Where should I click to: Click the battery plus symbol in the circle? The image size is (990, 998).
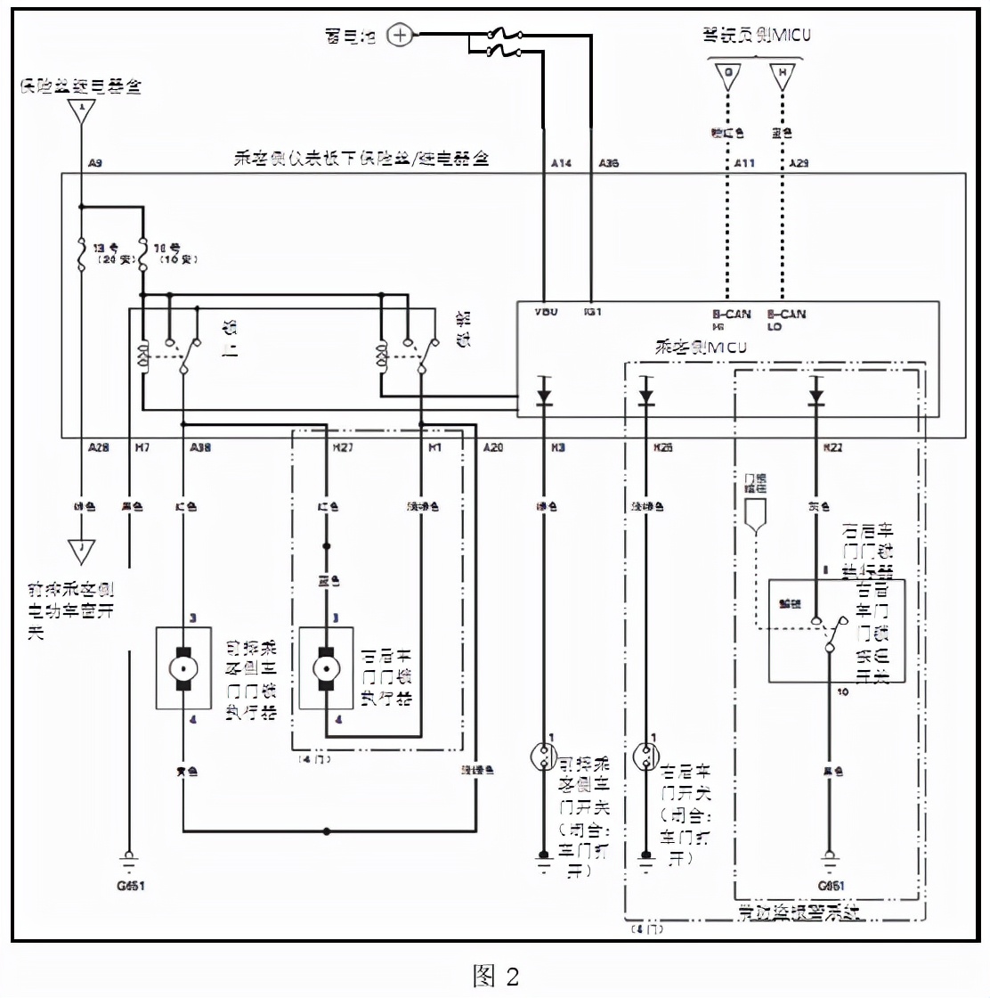pos(402,36)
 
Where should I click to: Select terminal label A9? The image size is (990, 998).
pos(95,163)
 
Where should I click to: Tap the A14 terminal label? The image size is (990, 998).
pos(561,163)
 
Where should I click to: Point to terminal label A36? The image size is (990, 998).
pos(609,163)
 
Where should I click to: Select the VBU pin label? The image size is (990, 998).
pos(546,312)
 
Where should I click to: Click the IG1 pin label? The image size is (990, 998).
pos(593,312)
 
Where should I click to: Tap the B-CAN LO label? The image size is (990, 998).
pos(786,320)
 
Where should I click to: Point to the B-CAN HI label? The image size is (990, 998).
pos(731,320)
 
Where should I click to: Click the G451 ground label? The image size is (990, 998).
pos(131,886)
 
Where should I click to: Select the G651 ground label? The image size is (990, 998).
pos(831,886)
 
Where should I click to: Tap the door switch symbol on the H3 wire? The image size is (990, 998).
pos(542,757)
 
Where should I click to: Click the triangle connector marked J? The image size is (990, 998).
pos(81,551)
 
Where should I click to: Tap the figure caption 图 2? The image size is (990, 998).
pos(495,975)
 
